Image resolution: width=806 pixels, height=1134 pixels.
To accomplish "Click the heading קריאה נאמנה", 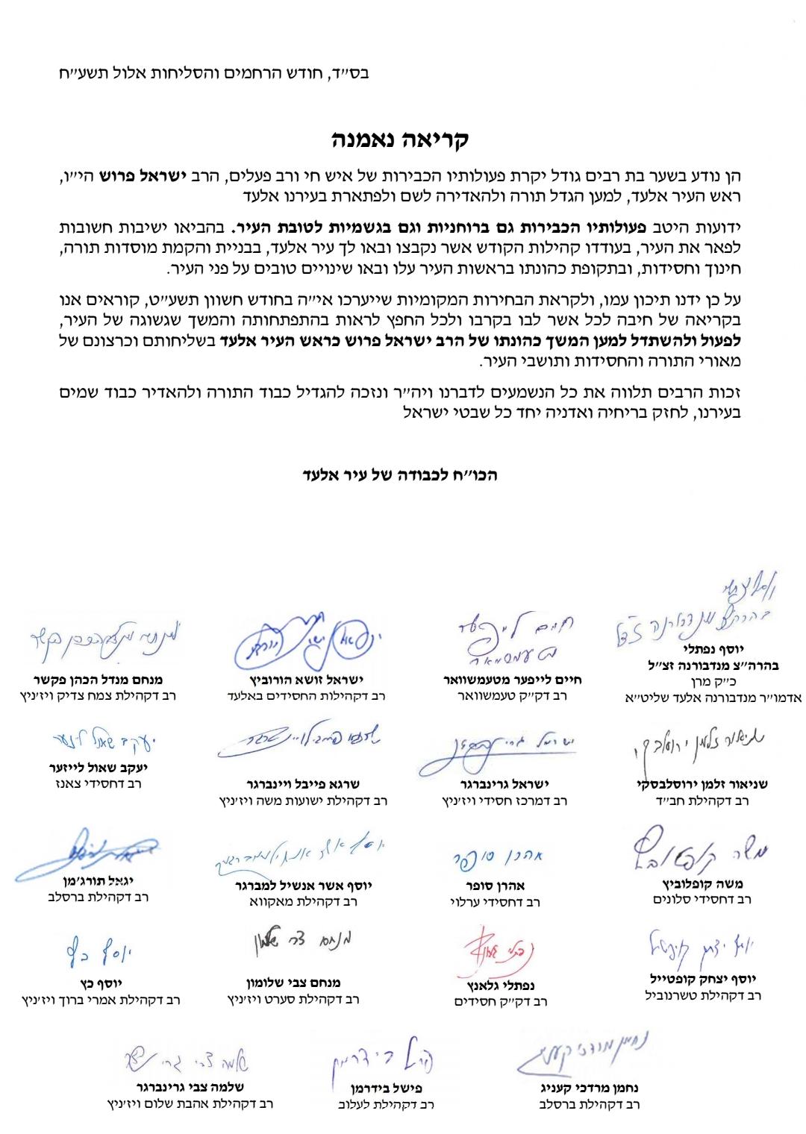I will click(400, 140).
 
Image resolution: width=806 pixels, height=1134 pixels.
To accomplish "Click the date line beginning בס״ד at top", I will click(214, 74).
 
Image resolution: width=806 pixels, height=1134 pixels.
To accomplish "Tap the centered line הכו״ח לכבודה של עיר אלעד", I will click(400, 475).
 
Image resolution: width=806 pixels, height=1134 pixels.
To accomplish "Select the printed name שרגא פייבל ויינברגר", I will click(303, 784).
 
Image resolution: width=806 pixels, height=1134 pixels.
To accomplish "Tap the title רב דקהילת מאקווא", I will click(303, 901).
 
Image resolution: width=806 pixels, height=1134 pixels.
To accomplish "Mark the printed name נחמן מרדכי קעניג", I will click(590, 1088).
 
